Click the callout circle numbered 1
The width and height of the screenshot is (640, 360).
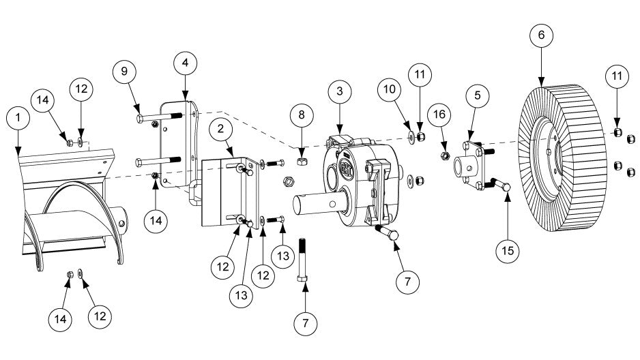tap(18, 118)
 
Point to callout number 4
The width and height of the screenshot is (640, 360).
tap(185, 62)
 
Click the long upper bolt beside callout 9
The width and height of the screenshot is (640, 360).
tap(158, 119)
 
